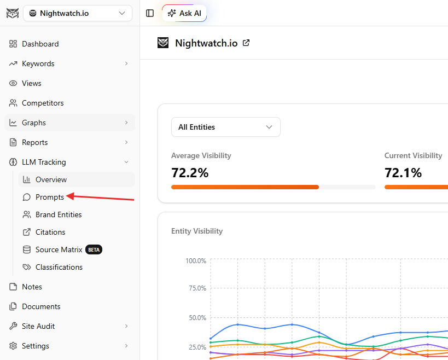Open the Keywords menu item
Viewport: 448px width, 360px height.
pos(38,63)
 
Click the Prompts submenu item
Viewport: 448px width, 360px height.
pos(50,197)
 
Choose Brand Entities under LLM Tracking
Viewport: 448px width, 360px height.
pos(59,214)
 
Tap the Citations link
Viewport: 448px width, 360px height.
pos(50,232)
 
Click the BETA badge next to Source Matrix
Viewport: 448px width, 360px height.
pos(94,249)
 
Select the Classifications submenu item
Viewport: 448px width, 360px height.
pos(59,267)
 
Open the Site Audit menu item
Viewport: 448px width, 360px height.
pos(38,326)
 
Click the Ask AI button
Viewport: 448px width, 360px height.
pos(184,13)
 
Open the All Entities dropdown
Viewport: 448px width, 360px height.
pos(226,127)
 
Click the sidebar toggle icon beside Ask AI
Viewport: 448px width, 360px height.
pos(150,13)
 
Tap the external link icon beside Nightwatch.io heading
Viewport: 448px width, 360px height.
pos(246,43)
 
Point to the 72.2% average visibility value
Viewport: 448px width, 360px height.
pos(190,173)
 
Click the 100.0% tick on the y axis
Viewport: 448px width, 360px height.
pos(196,261)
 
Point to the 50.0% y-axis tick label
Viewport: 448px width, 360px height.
pos(197,318)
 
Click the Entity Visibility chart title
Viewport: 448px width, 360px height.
pos(197,231)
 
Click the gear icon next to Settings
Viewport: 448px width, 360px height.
pos(13,346)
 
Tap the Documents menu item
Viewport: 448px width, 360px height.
pos(41,306)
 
